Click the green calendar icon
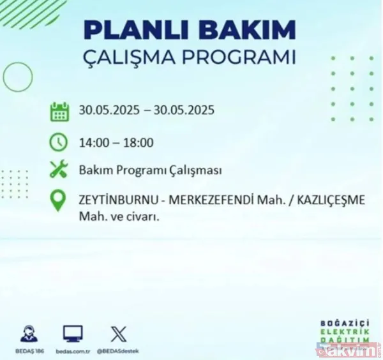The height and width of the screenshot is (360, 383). pos(59,112)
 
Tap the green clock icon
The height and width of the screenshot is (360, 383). pos(59,142)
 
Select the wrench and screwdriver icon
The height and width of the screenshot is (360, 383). pos(59,170)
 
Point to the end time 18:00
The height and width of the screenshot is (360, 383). pos(139,142)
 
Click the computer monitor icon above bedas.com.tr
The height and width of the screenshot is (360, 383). pos(73,333)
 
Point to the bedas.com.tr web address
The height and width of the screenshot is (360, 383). pos(73,350)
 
